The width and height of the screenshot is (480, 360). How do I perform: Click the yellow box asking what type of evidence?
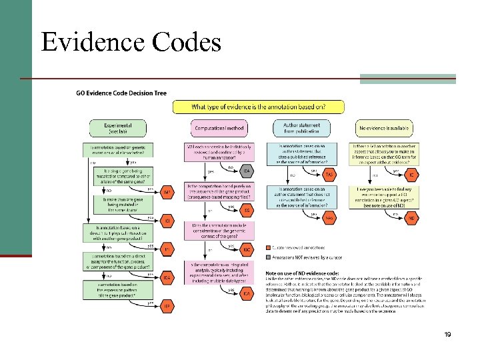[x=259, y=107]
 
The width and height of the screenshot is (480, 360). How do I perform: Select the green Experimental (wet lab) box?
[x=118, y=128]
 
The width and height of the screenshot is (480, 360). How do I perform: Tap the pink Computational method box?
[x=219, y=128]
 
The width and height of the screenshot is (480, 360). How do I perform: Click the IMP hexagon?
[x=168, y=193]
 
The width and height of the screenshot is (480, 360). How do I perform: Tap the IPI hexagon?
[x=168, y=249]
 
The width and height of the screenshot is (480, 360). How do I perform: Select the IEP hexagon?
[x=168, y=306]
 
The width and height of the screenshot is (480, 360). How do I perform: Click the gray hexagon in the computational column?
[x=246, y=171]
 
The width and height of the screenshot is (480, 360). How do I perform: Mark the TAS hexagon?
[x=329, y=175]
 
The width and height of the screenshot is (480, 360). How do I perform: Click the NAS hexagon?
[x=329, y=218]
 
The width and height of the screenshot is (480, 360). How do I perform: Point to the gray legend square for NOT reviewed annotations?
[x=269, y=255]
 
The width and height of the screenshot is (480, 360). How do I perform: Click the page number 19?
[x=447, y=334]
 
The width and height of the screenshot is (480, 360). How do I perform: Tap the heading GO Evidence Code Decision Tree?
[x=121, y=93]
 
